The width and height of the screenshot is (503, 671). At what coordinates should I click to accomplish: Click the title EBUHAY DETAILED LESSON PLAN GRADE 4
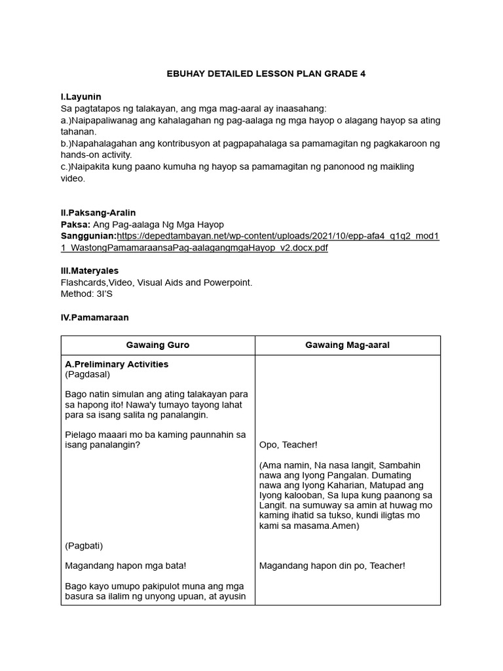click(266, 74)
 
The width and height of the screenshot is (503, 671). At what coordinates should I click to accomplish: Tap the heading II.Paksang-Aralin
click(98, 213)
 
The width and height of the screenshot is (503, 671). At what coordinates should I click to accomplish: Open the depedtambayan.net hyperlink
click(278, 236)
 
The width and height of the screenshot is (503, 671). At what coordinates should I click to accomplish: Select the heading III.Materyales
click(89, 271)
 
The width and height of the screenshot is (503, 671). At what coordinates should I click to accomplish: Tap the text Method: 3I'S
click(86, 294)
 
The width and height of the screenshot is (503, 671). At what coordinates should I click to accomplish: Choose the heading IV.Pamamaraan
click(94, 317)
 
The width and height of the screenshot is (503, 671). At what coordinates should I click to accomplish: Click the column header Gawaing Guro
click(158, 345)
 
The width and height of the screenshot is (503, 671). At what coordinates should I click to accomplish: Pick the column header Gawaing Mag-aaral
click(347, 345)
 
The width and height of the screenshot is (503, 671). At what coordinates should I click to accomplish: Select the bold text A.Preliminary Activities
click(117, 364)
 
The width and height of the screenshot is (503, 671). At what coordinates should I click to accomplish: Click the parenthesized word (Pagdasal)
click(88, 375)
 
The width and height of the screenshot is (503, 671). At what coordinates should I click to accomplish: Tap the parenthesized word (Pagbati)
click(84, 545)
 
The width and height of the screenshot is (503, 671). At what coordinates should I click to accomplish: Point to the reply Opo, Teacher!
click(288, 445)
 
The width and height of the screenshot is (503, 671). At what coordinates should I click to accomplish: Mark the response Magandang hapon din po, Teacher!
click(332, 566)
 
